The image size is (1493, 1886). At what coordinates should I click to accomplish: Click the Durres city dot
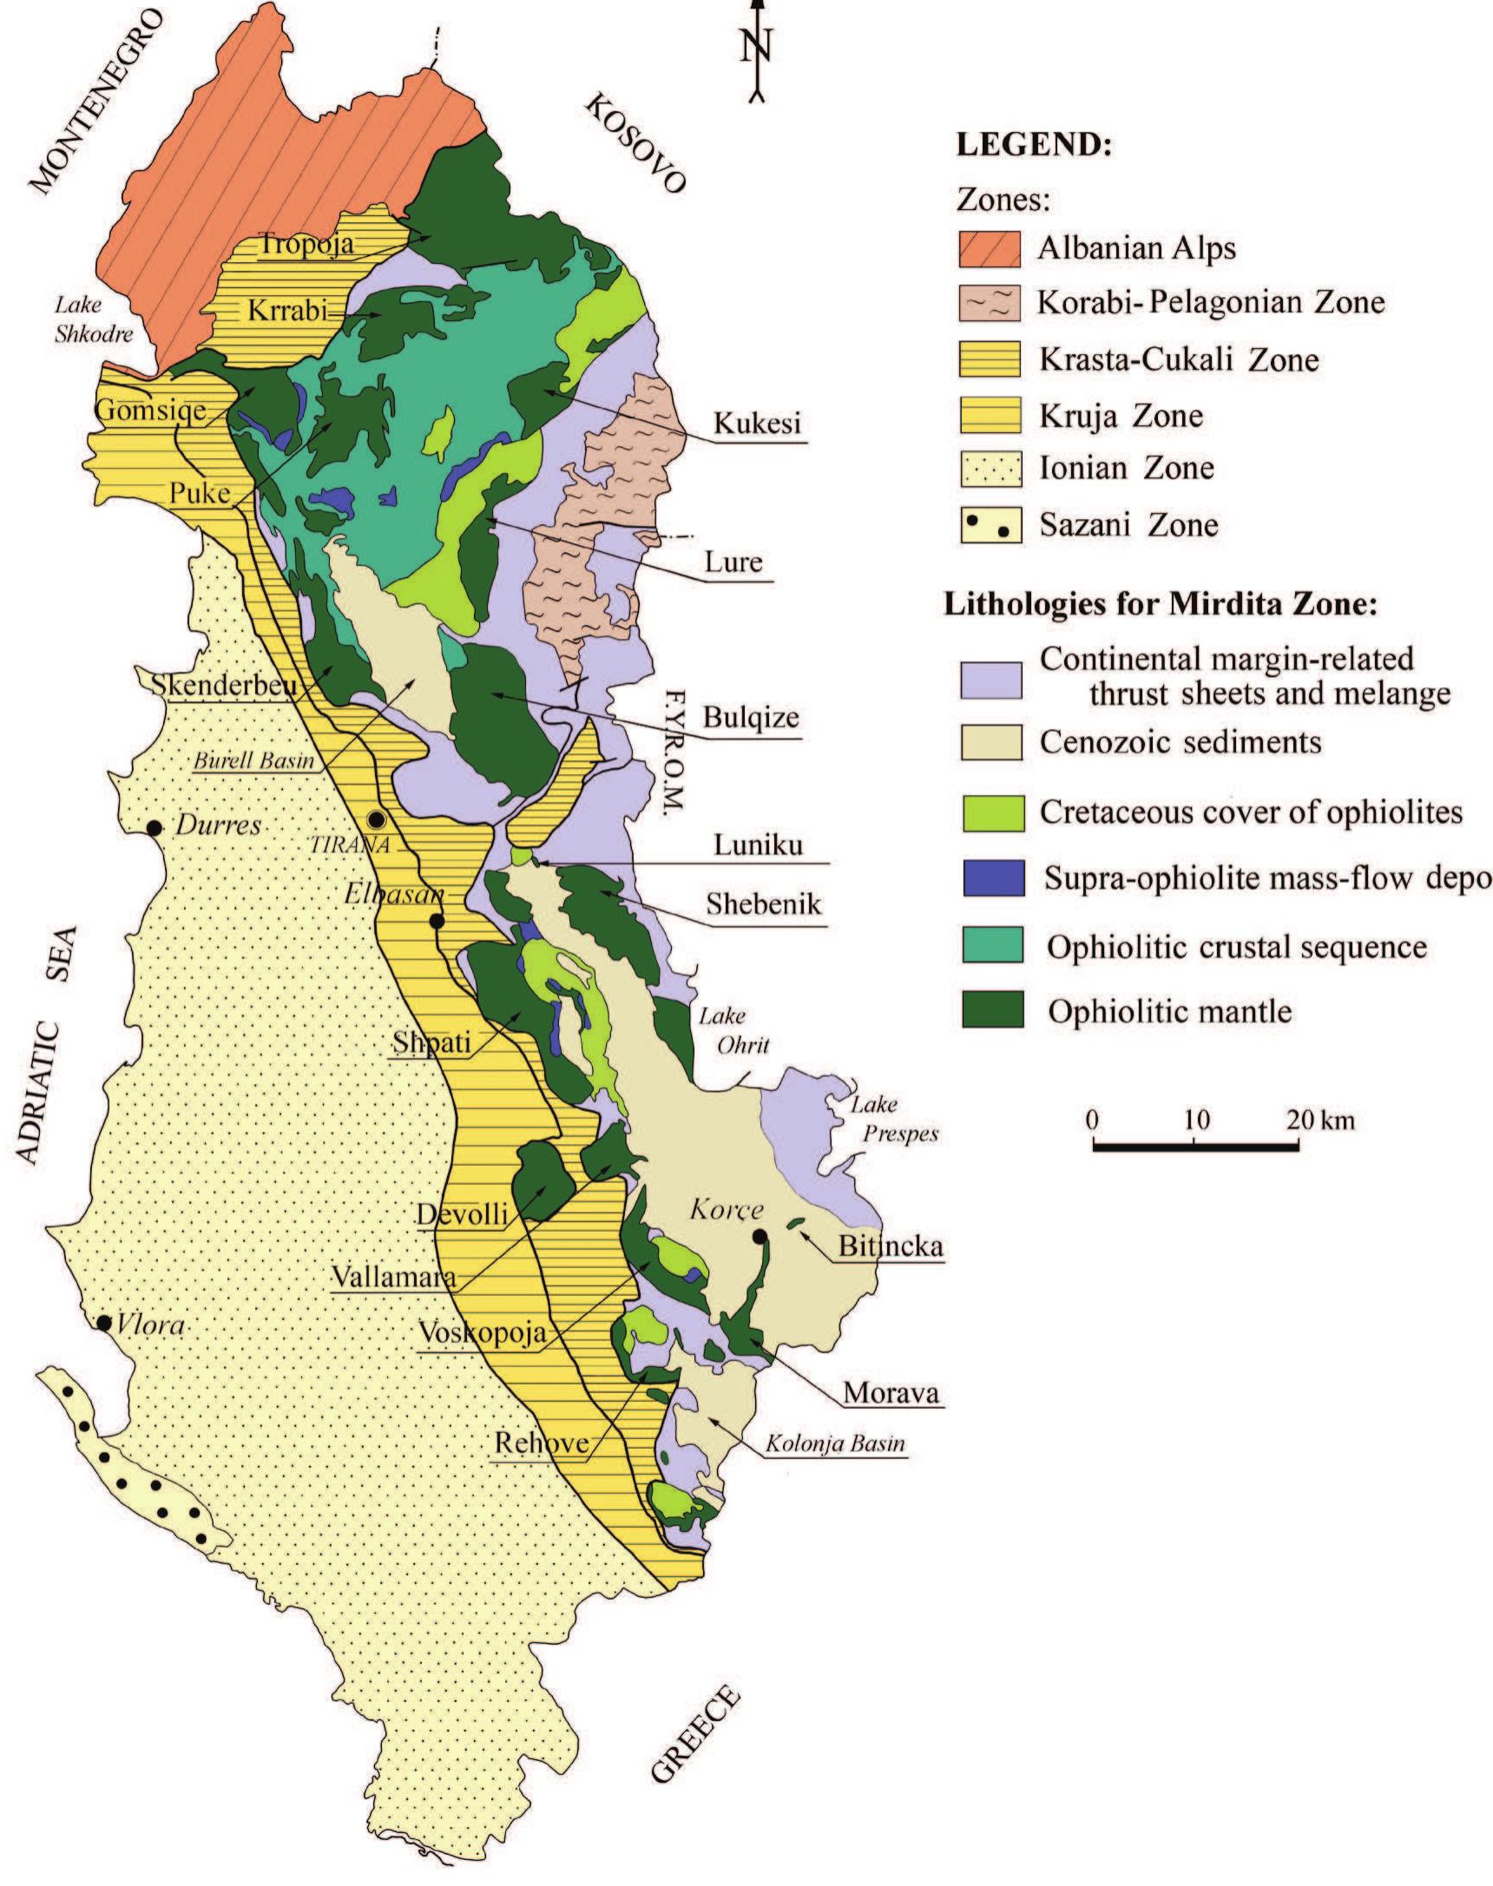[154, 827]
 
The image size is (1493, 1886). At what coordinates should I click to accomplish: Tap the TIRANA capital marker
[377, 819]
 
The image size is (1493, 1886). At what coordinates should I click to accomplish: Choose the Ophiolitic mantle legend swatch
[990, 1011]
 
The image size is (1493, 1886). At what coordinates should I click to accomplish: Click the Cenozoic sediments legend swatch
[990, 744]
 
